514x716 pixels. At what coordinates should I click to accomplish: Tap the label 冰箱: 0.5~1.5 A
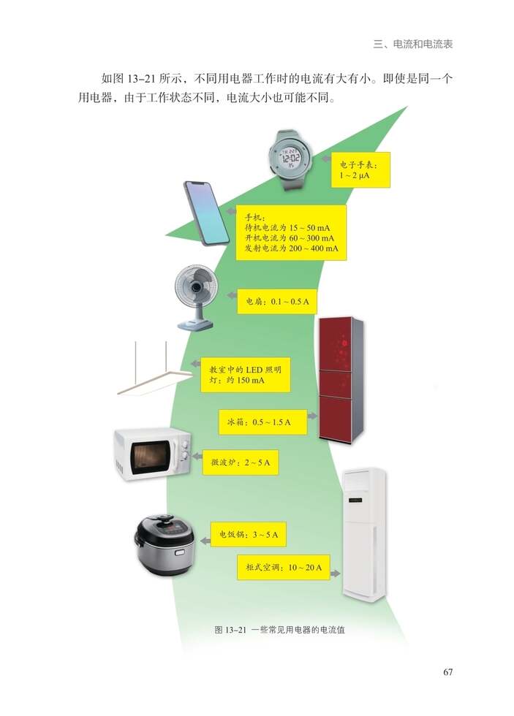[x=260, y=422]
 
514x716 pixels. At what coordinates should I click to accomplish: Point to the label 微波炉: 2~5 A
[x=240, y=462]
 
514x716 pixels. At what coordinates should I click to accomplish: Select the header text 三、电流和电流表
[x=412, y=44]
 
